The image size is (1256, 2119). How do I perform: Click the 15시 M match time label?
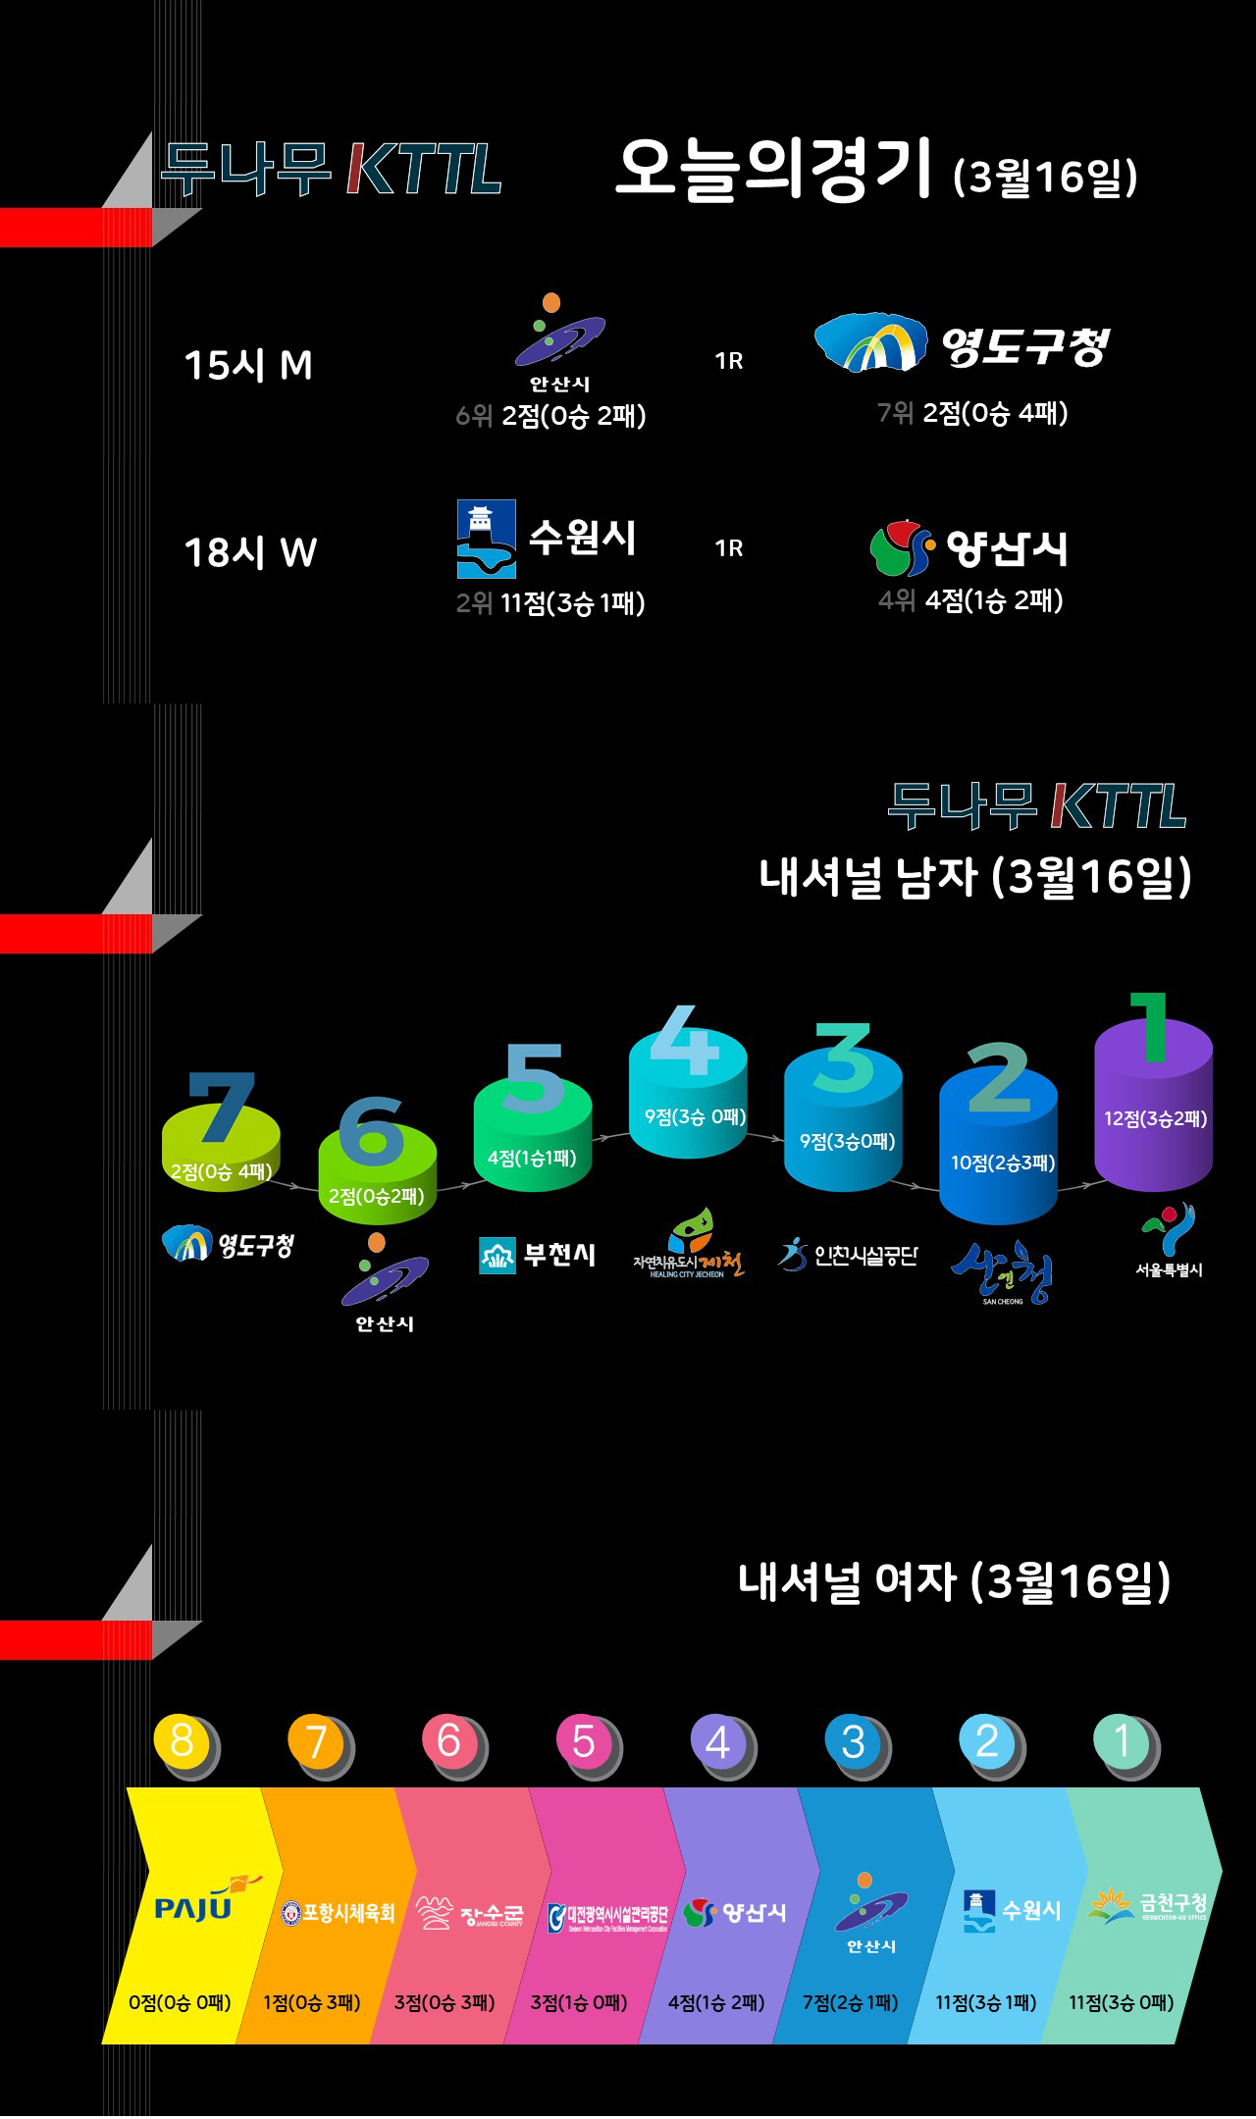pos(248,365)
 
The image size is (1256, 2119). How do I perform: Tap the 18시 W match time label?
pos(251,552)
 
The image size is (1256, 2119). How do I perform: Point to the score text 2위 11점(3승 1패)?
pos(550,602)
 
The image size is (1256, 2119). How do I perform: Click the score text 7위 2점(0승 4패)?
pos(972,413)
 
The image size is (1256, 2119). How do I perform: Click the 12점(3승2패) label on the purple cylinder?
pos(1155,1118)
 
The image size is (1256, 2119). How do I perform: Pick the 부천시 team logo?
pos(537,1255)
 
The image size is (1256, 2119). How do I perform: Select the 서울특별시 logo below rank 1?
pos(1169,1241)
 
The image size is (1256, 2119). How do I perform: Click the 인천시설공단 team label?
pos(849,1255)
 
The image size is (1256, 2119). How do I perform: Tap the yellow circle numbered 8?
pos(182,1741)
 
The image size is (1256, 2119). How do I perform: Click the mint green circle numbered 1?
pos(1122,1741)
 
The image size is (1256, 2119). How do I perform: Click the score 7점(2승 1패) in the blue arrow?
pos(850,2002)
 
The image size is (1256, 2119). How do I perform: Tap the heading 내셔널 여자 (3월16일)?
pos(954,1581)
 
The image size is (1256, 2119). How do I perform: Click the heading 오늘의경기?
pos(772,169)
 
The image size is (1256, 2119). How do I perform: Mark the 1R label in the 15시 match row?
pos(729,361)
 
